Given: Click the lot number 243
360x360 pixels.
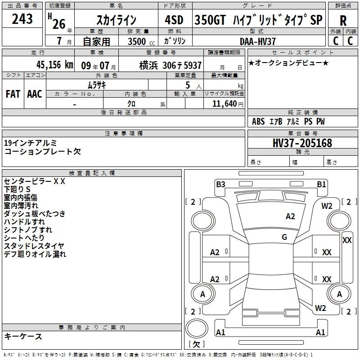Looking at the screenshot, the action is coord(22,19).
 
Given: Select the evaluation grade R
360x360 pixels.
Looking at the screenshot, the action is coord(343,21).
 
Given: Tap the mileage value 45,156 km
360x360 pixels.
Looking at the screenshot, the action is coord(55,65).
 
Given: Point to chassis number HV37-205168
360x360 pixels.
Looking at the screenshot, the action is coord(302,143).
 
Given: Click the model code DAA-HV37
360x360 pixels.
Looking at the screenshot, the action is coord(257,41).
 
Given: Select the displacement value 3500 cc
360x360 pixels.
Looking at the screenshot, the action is coord(141,41).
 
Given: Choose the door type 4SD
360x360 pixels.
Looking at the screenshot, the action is coord(174,20).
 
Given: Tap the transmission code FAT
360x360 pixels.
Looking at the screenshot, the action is coord(13,94).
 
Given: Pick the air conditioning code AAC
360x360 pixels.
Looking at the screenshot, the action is coord(35,94).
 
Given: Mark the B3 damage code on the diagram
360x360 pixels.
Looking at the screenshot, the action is coord(220,184).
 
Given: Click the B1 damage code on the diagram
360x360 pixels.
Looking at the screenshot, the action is coord(321,184).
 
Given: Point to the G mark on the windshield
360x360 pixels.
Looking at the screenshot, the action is coord(284,237).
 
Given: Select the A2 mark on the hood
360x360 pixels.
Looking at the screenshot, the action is coord(290,216).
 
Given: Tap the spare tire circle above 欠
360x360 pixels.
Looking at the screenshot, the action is coord(197,328).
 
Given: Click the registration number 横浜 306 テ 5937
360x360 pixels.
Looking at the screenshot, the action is coord(171,66).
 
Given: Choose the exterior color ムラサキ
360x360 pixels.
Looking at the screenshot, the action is coord(97,85).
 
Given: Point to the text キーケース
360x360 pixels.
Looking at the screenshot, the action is coord(23,337).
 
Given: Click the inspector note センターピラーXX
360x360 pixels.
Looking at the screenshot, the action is coord(35,181).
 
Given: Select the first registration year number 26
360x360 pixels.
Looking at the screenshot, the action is coord(59,24).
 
